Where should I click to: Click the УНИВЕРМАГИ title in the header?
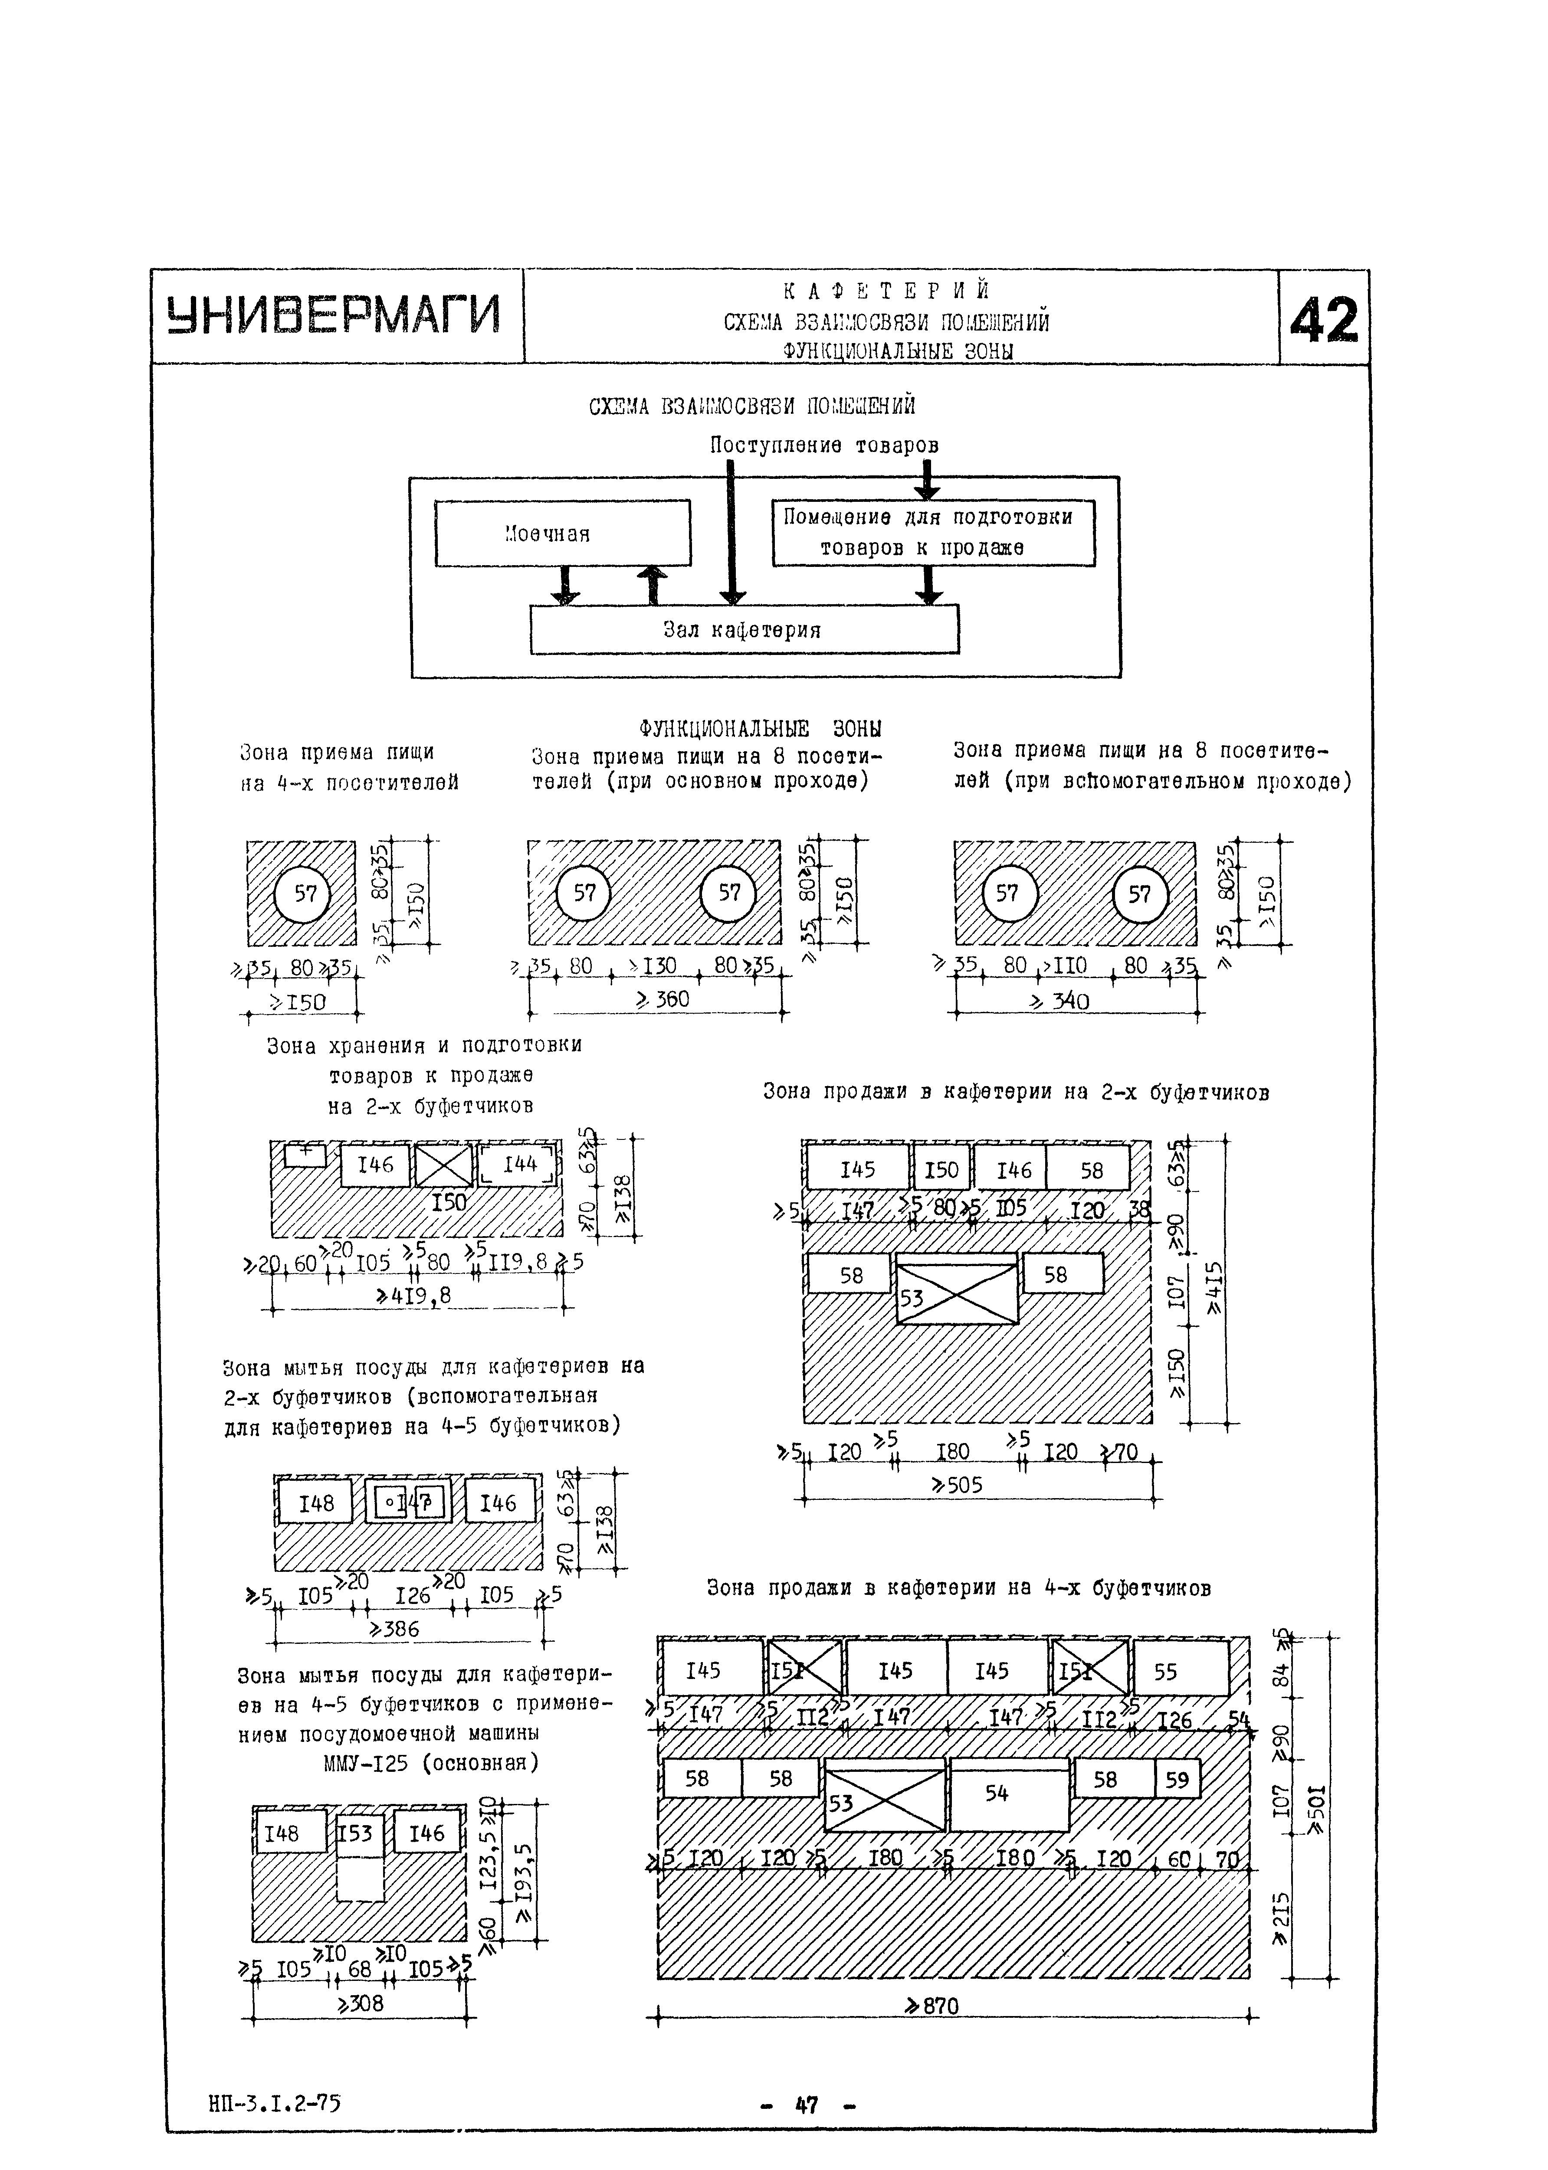pyautogui.click(x=334, y=315)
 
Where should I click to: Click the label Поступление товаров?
pyautogui.click(x=823, y=445)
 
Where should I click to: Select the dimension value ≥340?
pyautogui.click(x=1063, y=1001)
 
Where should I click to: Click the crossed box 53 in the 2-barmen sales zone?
pyautogui.click(x=957, y=1293)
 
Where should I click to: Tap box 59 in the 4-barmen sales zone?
pyautogui.click(x=1177, y=1778)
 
